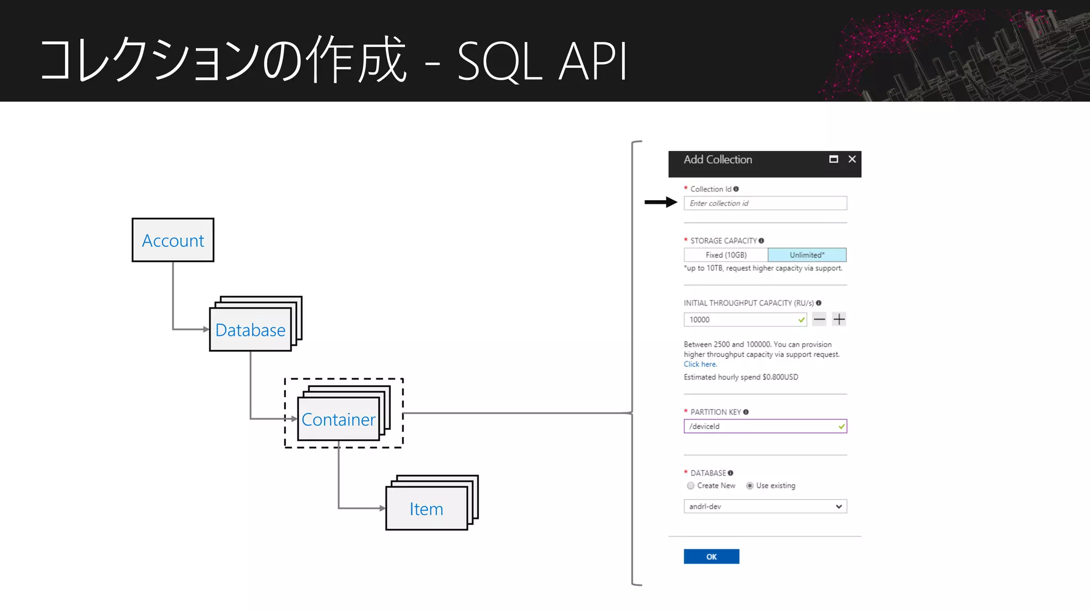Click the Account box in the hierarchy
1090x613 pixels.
coord(173,240)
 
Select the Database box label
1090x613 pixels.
coord(250,330)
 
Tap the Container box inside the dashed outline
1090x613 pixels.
coord(338,419)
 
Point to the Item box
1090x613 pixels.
coord(426,509)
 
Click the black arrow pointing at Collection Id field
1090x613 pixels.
coord(660,202)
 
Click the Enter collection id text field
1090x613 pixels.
coord(765,203)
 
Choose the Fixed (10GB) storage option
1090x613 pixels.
coord(726,255)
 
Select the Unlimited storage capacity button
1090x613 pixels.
coord(807,255)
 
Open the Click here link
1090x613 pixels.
coord(700,365)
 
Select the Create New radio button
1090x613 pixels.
coord(691,485)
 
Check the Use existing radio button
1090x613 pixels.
coord(750,485)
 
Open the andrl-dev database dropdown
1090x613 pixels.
coord(765,506)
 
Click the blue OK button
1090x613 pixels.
coord(711,557)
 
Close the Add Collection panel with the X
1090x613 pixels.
coord(852,159)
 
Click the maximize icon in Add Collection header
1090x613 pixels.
coord(833,159)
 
